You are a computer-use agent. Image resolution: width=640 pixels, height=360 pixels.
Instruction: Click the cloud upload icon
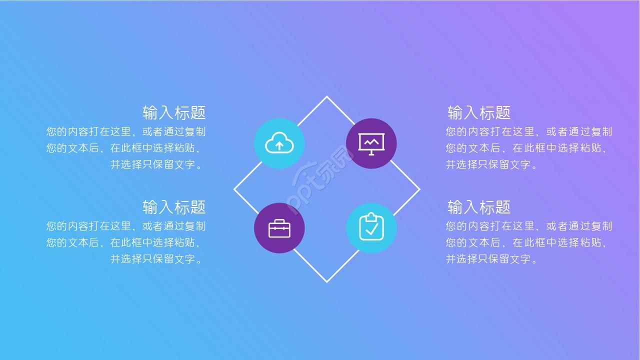(x=279, y=143)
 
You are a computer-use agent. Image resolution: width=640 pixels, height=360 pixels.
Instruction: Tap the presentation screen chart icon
(x=371, y=143)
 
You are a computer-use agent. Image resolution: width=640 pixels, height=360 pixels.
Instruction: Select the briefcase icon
(x=279, y=228)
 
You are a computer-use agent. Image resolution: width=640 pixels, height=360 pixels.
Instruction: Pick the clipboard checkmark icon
(x=371, y=227)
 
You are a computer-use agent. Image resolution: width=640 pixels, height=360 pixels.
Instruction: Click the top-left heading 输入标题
(x=174, y=112)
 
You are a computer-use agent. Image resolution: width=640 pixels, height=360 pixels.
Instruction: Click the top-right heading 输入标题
(x=479, y=112)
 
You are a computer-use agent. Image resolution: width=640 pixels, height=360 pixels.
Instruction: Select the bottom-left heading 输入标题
(x=174, y=207)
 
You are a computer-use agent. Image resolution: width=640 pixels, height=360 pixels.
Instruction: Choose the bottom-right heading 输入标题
(x=479, y=207)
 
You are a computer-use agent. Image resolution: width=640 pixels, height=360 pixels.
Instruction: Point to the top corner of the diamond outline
(x=327, y=97)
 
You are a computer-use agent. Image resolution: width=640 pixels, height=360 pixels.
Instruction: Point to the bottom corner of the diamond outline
(x=327, y=281)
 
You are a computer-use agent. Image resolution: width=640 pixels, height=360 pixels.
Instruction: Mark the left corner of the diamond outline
(x=234, y=189)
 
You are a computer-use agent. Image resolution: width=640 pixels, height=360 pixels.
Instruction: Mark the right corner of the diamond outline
(x=419, y=189)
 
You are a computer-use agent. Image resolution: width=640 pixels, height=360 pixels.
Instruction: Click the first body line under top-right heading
(x=529, y=131)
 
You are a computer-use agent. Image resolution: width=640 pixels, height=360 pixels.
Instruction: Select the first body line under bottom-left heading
(x=126, y=226)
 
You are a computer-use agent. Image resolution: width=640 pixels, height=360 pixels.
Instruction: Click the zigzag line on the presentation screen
(x=371, y=142)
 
